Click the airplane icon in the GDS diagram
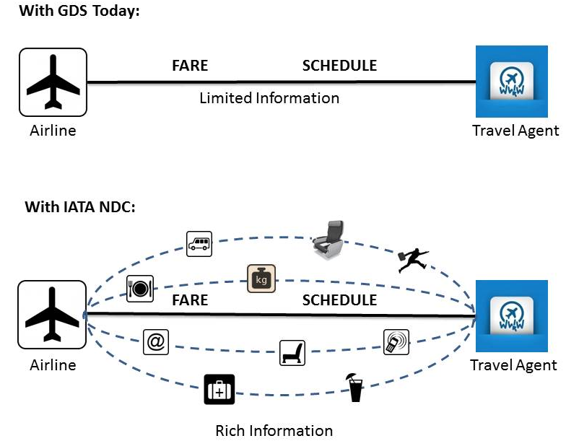(53, 82)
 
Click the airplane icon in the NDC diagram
(53, 315)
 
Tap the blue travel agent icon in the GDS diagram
(511, 82)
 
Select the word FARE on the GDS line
(190, 66)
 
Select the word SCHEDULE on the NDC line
(339, 300)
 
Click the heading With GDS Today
(78, 11)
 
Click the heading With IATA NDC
(80, 207)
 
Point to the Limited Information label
(269, 97)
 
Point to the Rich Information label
(274, 431)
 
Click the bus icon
(199, 244)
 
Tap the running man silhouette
(412, 260)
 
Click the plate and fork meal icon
(138, 288)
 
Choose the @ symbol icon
(155, 342)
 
